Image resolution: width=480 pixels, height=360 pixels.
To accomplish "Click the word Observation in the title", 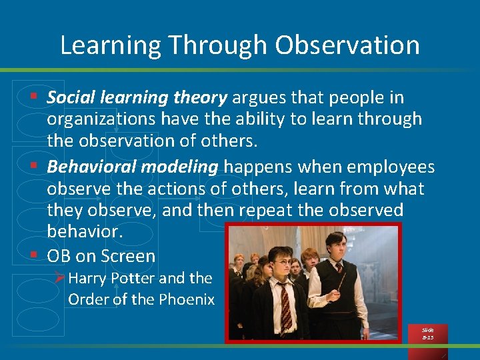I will coord(347,45).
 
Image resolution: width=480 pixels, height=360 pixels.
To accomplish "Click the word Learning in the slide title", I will coord(111,45).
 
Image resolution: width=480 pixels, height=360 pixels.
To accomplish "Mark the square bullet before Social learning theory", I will coord(33,98).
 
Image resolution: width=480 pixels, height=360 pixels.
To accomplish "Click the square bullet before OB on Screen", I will coord(33,255).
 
